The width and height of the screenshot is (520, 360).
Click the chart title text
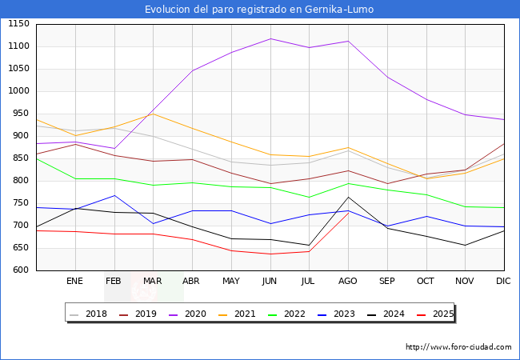tap(259, 10)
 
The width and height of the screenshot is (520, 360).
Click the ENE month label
tap(74, 282)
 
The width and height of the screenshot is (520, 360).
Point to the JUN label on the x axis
tap(270, 282)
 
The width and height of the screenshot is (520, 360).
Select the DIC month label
tap(503, 282)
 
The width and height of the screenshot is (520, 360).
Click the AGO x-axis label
tap(348, 282)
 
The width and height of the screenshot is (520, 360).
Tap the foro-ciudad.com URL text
tap(458, 347)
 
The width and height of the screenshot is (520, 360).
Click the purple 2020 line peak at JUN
tap(270, 38)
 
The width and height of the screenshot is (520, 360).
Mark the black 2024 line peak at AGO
tap(348, 197)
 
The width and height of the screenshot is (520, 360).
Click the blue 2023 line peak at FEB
tap(114, 195)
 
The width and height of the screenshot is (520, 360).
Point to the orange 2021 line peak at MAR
tap(153, 114)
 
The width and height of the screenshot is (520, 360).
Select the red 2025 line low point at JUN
tap(270, 254)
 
